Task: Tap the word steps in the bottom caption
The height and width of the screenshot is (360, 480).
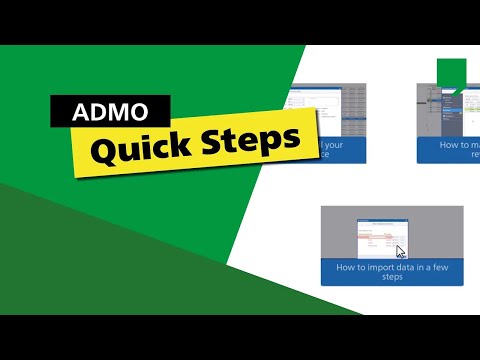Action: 392,278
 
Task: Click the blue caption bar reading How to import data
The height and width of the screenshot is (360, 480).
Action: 392,272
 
